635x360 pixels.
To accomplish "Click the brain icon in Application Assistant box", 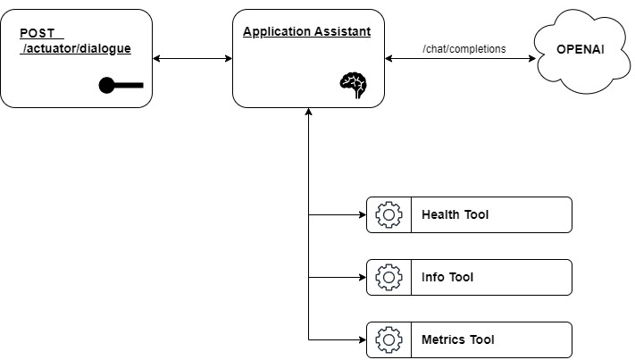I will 353,84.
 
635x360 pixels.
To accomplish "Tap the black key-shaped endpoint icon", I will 121,86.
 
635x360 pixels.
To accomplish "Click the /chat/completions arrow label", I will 464,49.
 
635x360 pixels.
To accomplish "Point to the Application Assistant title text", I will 306,31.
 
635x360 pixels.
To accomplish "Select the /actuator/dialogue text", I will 77,48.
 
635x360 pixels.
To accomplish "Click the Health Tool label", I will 455,214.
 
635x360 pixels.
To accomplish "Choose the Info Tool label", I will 447,277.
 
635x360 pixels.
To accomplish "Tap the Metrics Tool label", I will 457,339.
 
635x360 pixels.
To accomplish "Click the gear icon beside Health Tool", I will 389,214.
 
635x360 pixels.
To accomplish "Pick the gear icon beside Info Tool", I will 389,277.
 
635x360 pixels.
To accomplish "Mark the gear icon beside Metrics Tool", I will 389,339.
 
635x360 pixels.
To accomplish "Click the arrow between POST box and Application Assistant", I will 192,58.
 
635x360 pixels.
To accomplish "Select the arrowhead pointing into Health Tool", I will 361,214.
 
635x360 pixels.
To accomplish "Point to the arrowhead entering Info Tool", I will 361,277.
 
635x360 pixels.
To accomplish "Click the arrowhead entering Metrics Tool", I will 361,339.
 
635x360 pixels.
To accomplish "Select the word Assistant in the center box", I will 341,31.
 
